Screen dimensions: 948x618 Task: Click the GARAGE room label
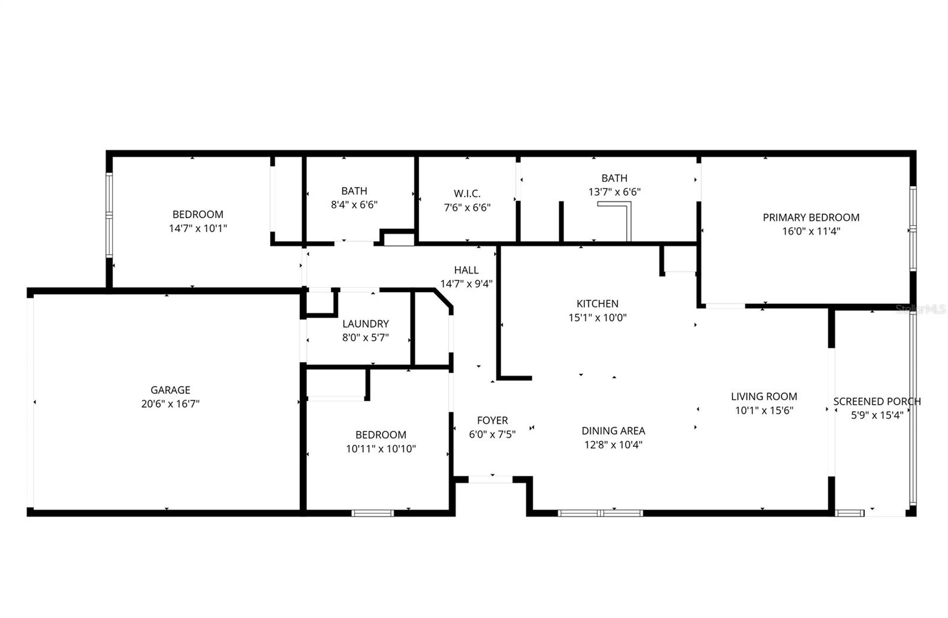coord(170,390)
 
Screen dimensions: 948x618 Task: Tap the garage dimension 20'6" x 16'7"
coord(170,404)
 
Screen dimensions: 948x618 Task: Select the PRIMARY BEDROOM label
coord(811,217)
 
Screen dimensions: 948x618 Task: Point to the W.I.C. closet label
coord(467,194)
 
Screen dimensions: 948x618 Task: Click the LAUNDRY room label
coord(365,324)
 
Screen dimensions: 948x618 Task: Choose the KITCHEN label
coord(597,303)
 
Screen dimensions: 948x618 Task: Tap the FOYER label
coord(492,420)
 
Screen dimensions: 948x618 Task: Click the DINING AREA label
coord(613,431)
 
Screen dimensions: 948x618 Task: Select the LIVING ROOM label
coord(764,396)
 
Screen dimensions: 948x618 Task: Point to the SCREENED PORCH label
coord(877,401)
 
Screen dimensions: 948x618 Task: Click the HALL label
coord(466,270)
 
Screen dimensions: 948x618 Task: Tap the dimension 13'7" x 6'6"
coord(614,192)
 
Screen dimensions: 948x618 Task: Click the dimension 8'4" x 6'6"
coord(354,205)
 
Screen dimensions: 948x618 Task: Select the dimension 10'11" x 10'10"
coord(381,449)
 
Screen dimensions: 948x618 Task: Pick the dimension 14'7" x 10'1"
coord(198,229)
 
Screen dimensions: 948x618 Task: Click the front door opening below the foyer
coord(491,479)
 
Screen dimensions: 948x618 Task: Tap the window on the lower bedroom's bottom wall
coord(373,513)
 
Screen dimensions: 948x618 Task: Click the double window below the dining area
coord(600,513)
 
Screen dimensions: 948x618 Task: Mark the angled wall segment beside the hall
coord(443,298)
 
